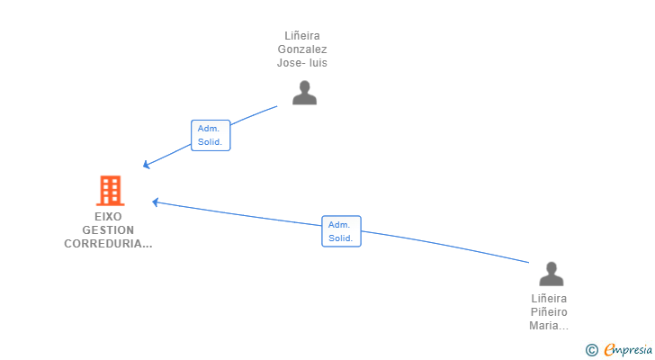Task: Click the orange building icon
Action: pyautogui.click(x=110, y=191)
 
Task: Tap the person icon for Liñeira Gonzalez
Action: pyautogui.click(x=304, y=93)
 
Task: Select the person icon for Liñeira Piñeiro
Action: pyautogui.click(x=550, y=274)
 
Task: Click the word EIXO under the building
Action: pyautogui.click(x=108, y=217)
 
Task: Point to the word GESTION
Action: pyautogui.click(x=108, y=230)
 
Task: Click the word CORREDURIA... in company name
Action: pyautogui.click(x=108, y=244)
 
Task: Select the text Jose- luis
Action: pyautogui.click(x=302, y=63)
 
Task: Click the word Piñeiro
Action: pyautogui.click(x=549, y=312)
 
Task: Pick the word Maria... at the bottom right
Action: pyautogui.click(x=549, y=326)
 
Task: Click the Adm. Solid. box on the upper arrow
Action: pyautogui.click(x=211, y=135)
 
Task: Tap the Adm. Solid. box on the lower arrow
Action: pyautogui.click(x=341, y=231)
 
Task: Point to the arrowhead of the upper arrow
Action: pyautogui.click(x=147, y=166)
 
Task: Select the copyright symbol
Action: pyautogui.click(x=591, y=350)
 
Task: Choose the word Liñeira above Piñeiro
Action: pyautogui.click(x=549, y=299)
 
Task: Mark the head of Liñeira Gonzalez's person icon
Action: pyautogui.click(x=304, y=87)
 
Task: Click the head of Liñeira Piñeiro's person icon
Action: pyautogui.click(x=550, y=267)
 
